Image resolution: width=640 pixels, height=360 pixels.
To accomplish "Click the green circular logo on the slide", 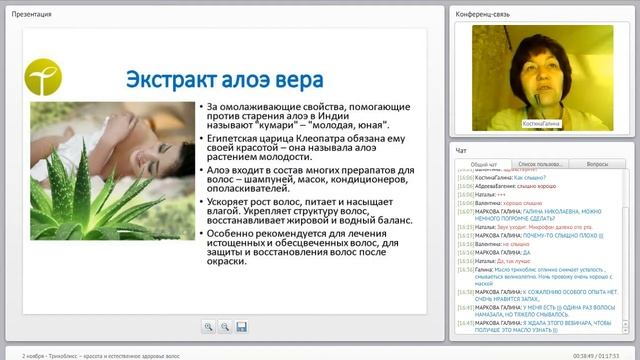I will point(43,75).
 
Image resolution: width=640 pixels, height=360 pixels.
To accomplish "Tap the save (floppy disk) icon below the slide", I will point(241,326).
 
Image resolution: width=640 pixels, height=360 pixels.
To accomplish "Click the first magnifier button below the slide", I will point(209,326).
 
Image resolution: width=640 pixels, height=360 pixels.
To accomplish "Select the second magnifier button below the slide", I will point(225,326).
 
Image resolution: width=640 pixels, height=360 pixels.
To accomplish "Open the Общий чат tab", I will point(485,163).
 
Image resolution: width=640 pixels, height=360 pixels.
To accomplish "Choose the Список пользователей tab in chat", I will point(541,163).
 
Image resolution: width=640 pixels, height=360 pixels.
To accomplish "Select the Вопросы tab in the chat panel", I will point(597,163).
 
